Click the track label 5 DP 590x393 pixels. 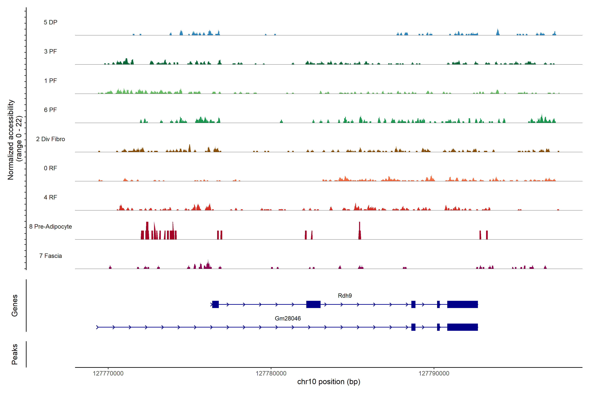(50, 22)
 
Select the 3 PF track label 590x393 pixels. (50, 51)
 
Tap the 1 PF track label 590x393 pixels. (50, 81)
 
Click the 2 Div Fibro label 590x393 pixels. (50, 139)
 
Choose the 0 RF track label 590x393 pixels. (50, 168)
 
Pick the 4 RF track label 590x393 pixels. (50, 197)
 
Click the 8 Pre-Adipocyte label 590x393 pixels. (50, 227)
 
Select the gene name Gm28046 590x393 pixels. (288, 318)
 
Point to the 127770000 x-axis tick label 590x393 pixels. (108, 374)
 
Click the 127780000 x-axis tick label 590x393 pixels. (271, 374)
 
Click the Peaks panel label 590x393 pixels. (15, 354)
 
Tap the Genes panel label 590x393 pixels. (15, 306)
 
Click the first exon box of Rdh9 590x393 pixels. (216, 305)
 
